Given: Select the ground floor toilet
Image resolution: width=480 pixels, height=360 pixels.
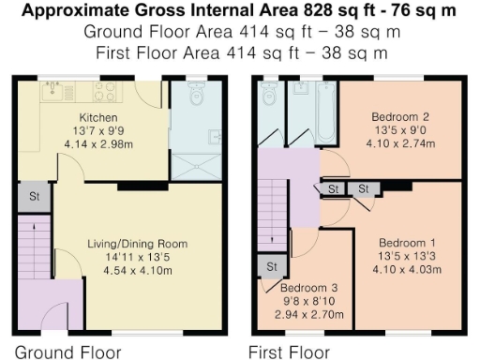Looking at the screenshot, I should [x=196, y=95].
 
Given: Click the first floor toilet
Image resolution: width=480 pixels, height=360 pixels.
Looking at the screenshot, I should [x=268, y=95].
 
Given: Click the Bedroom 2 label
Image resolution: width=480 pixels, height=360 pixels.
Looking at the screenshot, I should [x=392, y=117].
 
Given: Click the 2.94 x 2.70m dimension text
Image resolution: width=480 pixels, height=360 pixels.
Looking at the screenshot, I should [x=309, y=314].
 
